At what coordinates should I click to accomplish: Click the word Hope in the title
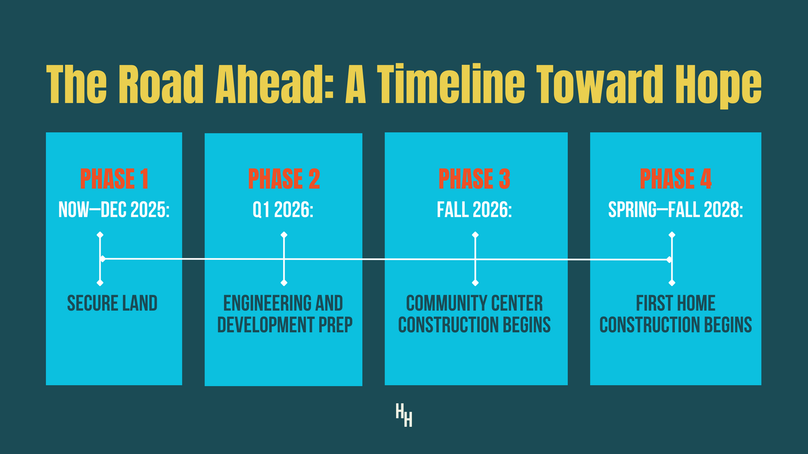coord(718,86)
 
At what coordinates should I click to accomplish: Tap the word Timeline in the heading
coord(451,84)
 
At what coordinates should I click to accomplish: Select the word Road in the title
coord(161,84)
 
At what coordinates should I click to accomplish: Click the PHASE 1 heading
coord(114,179)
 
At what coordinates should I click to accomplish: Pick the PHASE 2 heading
coord(284,179)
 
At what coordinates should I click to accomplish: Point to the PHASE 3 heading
coord(474,179)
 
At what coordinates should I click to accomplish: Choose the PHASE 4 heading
coord(675,179)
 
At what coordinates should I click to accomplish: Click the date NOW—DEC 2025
coord(114,209)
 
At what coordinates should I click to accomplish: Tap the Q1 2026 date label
coord(283,209)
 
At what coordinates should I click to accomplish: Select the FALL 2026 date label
coord(474,209)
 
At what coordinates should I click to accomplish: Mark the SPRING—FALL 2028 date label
coord(675,209)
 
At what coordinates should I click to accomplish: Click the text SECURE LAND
coord(112,303)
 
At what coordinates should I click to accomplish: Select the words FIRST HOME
coord(675,303)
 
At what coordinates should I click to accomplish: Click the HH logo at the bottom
coord(404,415)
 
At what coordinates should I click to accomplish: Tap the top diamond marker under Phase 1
coord(100,235)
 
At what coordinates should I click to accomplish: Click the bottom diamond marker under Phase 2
coord(284,283)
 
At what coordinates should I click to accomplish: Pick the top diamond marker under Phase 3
coord(475,235)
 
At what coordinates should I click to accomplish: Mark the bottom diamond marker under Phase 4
coord(672,283)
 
